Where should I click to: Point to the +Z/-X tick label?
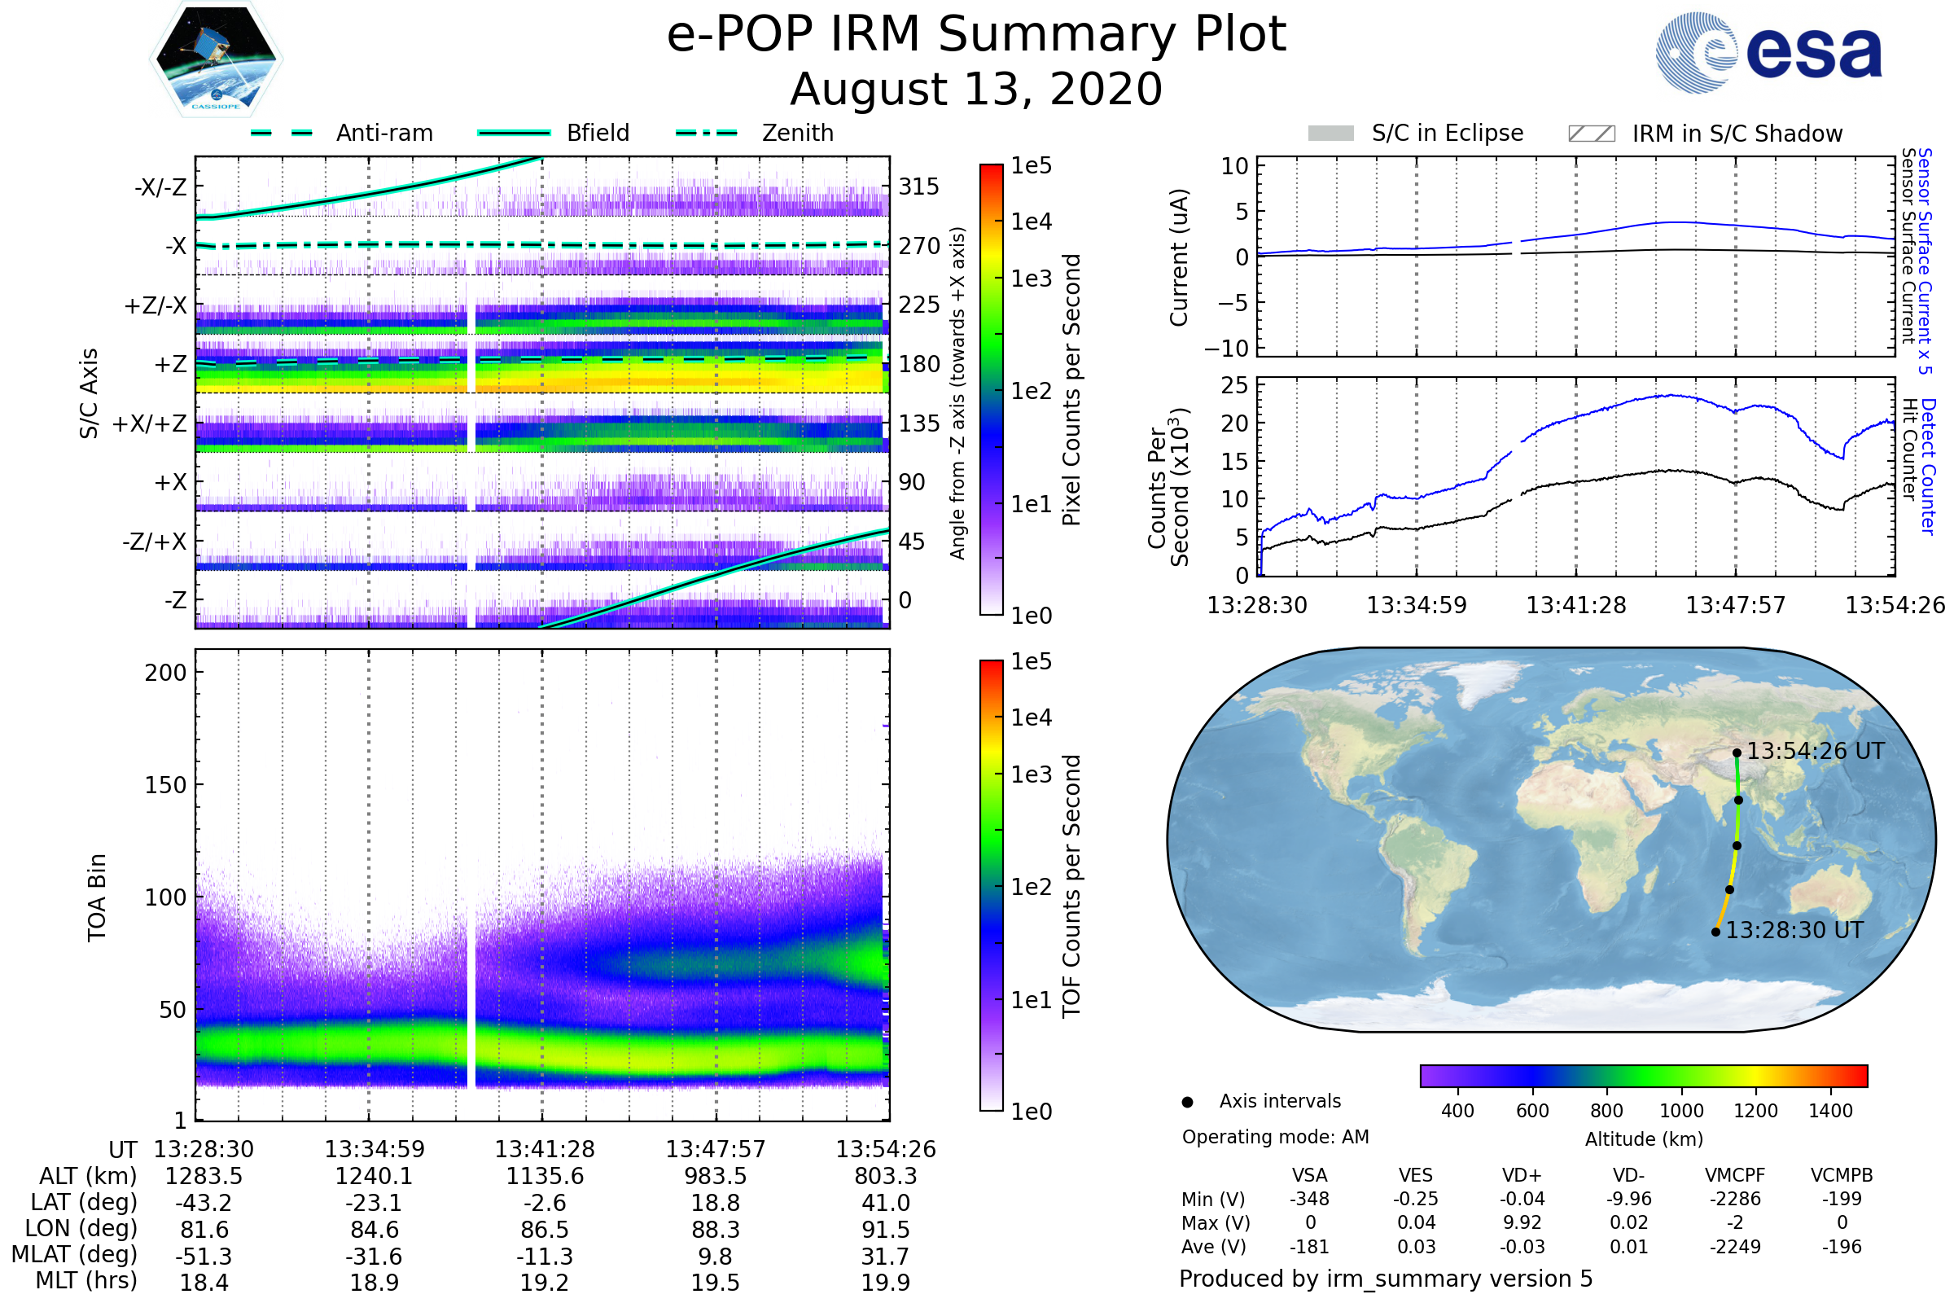coord(156,306)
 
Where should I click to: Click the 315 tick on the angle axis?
coord(919,186)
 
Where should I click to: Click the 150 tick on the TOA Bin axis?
coord(165,785)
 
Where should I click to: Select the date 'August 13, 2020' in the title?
coord(976,90)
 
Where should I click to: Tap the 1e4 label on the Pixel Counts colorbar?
coord(1031,222)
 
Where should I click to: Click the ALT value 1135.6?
coord(545,1176)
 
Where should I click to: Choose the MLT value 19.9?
coord(886,1282)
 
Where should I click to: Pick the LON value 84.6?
coord(375,1229)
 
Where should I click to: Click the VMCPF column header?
coord(1735,1175)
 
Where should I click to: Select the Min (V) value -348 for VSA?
coord(1309,1199)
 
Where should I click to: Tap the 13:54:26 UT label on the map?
coord(1816,751)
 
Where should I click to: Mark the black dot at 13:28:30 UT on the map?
coord(1715,932)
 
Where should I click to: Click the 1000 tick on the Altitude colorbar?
coord(1681,1111)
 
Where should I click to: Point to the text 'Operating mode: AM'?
coord(1275,1137)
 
